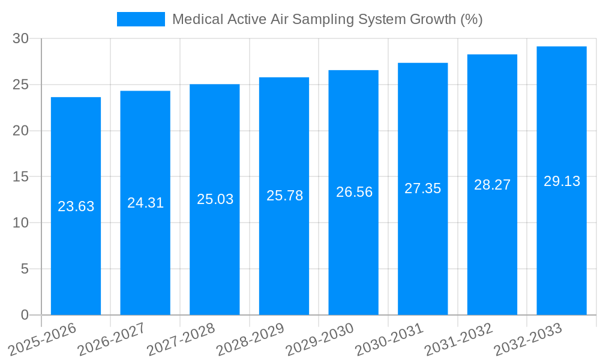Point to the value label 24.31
(x=145, y=203)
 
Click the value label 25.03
(x=215, y=199)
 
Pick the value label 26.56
(x=354, y=192)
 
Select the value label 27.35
(x=422, y=188)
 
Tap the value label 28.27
(x=492, y=185)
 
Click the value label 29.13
(x=562, y=181)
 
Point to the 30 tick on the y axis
(x=21, y=38)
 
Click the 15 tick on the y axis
(x=21, y=177)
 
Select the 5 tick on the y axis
(x=25, y=269)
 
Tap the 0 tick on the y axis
(x=25, y=315)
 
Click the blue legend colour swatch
(x=140, y=19)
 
